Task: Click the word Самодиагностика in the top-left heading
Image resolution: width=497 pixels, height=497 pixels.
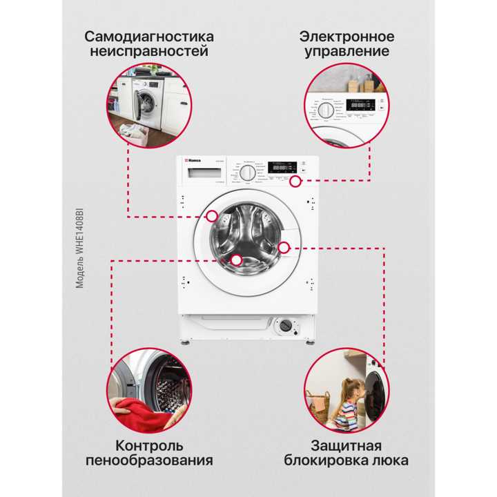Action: coord(149,36)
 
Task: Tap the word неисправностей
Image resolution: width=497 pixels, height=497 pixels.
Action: coord(149,52)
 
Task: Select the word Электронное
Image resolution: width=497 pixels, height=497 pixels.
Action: coord(347,36)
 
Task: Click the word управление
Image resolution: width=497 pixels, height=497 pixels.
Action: coord(347,52)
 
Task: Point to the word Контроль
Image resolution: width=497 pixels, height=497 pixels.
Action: coord(150,445)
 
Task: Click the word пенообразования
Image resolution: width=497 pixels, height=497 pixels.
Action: coord(150,460)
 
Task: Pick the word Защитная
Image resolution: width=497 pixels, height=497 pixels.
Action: coord(346,445)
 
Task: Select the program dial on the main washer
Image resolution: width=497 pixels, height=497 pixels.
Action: coord(247,173)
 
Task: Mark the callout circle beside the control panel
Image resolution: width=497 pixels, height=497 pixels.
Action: coord(295,182)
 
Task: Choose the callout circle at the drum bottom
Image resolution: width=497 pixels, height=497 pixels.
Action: coord(237,260)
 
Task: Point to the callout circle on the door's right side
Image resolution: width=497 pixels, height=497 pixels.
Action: coord(284,246)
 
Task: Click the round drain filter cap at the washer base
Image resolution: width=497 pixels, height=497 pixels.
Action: coord(282,326)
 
